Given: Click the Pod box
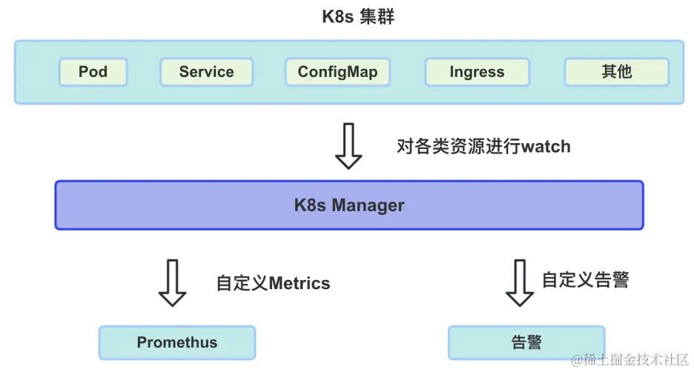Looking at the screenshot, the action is (93, 72).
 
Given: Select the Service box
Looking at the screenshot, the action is (206, 72).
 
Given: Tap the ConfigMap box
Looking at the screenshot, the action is (337, 72).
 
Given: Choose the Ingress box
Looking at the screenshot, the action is (477, 72).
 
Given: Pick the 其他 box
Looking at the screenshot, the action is (617, 72).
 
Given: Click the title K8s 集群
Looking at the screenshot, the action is (358, 17).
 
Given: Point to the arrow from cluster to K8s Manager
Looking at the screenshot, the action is (348, 146).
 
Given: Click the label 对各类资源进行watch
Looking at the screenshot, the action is (483, 147).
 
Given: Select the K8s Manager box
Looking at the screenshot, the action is (349, 205).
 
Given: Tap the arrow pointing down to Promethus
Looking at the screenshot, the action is (172, 283).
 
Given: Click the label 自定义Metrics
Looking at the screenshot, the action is (273, 283).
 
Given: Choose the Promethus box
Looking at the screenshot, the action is (177, 342).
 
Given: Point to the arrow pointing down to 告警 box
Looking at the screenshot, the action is (520, 283).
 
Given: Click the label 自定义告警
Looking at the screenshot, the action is (586, 279).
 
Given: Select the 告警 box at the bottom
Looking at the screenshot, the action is (526, 342).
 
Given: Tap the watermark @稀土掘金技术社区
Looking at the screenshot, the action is (629, 359).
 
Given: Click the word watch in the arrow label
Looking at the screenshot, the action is (546, 147).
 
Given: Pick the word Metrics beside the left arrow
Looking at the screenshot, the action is (300, 283).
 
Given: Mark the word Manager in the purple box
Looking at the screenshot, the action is (368, 206).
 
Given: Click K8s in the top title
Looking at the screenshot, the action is (337, 17).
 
